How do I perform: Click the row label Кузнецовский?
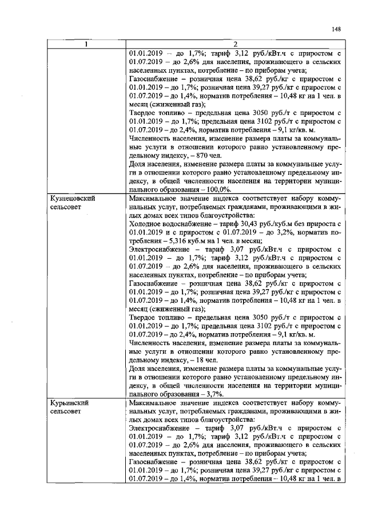73,197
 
